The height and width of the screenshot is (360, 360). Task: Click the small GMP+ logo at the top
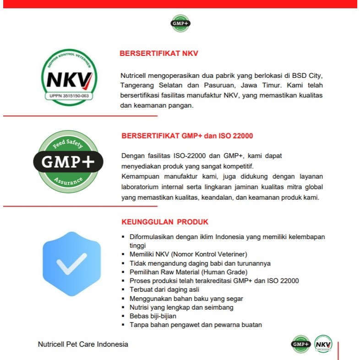tap(180, 23)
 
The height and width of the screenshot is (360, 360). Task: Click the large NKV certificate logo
tap(70, 77)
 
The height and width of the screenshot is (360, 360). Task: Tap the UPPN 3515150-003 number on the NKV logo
tap(69, 96)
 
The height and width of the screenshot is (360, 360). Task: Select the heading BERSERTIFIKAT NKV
tap(158, 53)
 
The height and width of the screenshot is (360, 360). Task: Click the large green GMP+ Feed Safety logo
tap(68, 161)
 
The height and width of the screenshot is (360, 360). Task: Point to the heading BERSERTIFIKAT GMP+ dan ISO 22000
tap(187, 136)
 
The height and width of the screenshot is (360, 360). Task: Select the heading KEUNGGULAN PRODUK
tap(165, 222)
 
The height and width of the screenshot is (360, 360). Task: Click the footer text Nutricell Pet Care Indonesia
tap(83, 344)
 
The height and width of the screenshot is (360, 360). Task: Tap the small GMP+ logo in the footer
tap(300, 344)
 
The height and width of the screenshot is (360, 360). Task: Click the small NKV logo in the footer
tap(323, 344)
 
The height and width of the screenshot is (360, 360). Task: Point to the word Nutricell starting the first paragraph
tap(133, 75)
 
